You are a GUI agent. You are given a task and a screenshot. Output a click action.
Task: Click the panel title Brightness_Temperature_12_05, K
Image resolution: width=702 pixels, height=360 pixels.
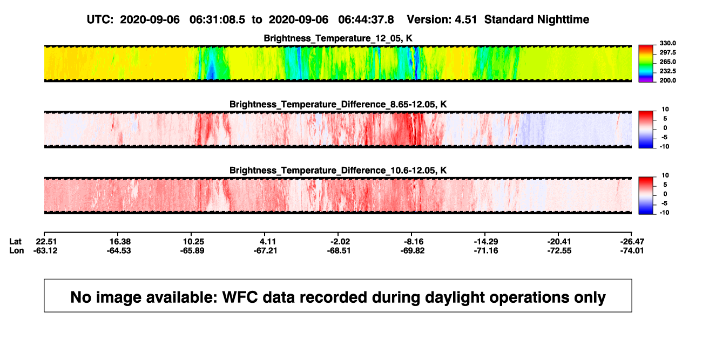coord(338,38)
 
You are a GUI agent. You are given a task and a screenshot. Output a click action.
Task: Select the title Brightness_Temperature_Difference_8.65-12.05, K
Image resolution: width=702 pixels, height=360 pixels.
coord(338,104)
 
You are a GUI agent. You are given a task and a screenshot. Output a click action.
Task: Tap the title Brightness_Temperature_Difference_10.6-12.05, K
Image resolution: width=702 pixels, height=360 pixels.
coord(338,171)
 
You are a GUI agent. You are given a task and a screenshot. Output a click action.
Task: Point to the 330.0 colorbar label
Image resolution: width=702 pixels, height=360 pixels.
coord(667,43)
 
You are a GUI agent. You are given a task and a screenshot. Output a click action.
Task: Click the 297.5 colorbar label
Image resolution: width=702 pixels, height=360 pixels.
coord(667,53)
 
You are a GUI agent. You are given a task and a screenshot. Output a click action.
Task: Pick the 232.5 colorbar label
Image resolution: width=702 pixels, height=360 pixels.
coord(667,71)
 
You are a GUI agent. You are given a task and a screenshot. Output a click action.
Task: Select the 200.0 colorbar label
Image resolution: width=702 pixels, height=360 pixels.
coord(667,80)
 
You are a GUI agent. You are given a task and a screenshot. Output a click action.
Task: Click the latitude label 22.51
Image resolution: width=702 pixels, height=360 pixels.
coord(46,242)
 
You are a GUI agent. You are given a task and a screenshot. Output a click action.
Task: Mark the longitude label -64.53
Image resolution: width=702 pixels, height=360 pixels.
coord(119,250)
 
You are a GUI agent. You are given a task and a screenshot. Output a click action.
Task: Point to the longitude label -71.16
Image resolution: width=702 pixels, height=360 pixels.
coord(486,250)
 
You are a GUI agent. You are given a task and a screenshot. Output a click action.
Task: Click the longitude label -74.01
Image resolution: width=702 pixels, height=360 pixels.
coord(632,250)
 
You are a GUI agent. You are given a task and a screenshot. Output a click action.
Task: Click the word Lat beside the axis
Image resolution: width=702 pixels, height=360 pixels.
coord(15,242)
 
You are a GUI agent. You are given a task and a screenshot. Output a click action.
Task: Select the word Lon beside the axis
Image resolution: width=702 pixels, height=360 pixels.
coord(16,250)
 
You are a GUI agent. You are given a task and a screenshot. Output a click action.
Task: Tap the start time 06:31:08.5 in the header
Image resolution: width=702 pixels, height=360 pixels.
coord(217,20)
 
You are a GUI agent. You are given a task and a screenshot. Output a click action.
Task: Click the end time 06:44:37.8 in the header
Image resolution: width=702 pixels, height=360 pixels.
coord(366,20)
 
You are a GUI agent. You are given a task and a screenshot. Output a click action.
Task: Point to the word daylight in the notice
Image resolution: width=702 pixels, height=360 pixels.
coord(453,297)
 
